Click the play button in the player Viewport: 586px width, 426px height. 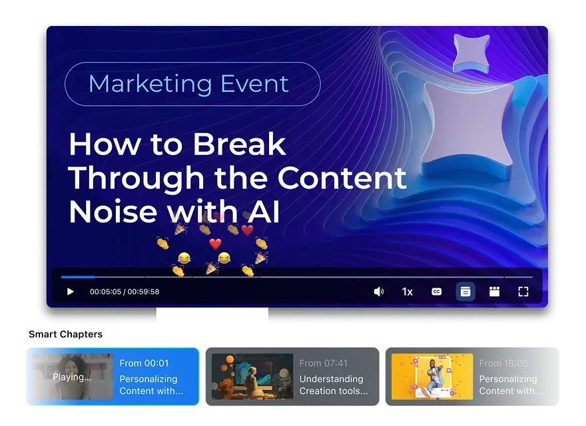[x=71, y=292]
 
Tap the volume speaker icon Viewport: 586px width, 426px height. [x=378, y=292]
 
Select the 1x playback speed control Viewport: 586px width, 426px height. [x=407, y=292]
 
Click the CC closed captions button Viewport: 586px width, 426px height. [x=436, y=292]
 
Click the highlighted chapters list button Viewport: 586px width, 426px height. [x=465, y=292]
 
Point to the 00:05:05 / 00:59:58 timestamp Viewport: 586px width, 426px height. [x=125, y=292]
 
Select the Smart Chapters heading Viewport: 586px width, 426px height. [x=65, y=334]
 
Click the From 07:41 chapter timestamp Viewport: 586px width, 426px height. [x=323, y=363]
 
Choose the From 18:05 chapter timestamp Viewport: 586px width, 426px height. [x=503, y=363]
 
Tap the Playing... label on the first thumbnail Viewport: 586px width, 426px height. [x=72, y=377]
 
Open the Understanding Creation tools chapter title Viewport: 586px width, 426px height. [x=333, y=385]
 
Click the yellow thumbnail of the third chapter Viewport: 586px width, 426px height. [x=432, y=376]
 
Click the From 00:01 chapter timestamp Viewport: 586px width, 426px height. [x=144, y=363]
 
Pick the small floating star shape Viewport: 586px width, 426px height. [x=471, y=52]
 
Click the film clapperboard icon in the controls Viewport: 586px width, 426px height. [x=494, y=292]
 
